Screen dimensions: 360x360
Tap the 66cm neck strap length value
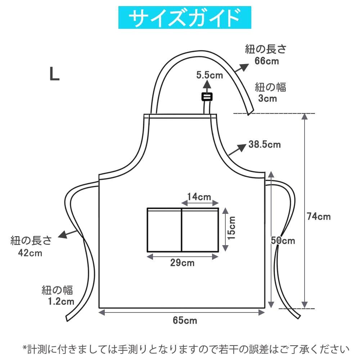pos(267,61)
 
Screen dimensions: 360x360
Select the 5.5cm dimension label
pos(210,75)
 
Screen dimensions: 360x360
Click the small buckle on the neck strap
pos(207,96)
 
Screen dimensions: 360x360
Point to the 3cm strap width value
pos(267,98)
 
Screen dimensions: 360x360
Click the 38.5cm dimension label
pos(265,145)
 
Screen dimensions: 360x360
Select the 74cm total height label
pos(319,216)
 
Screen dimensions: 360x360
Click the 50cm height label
pos(283,240)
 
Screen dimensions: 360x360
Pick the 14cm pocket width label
pos(199,197)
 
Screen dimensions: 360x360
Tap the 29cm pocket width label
pos(183,263)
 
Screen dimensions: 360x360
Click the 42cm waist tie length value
pos(31,253)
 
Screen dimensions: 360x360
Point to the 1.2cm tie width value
pos(61,301)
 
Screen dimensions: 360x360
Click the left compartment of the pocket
pos(164,230)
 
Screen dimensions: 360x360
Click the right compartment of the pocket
pos(200,230)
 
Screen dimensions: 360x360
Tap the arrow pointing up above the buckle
pos(207,85)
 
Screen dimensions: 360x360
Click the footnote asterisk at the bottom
pos(25,348)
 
